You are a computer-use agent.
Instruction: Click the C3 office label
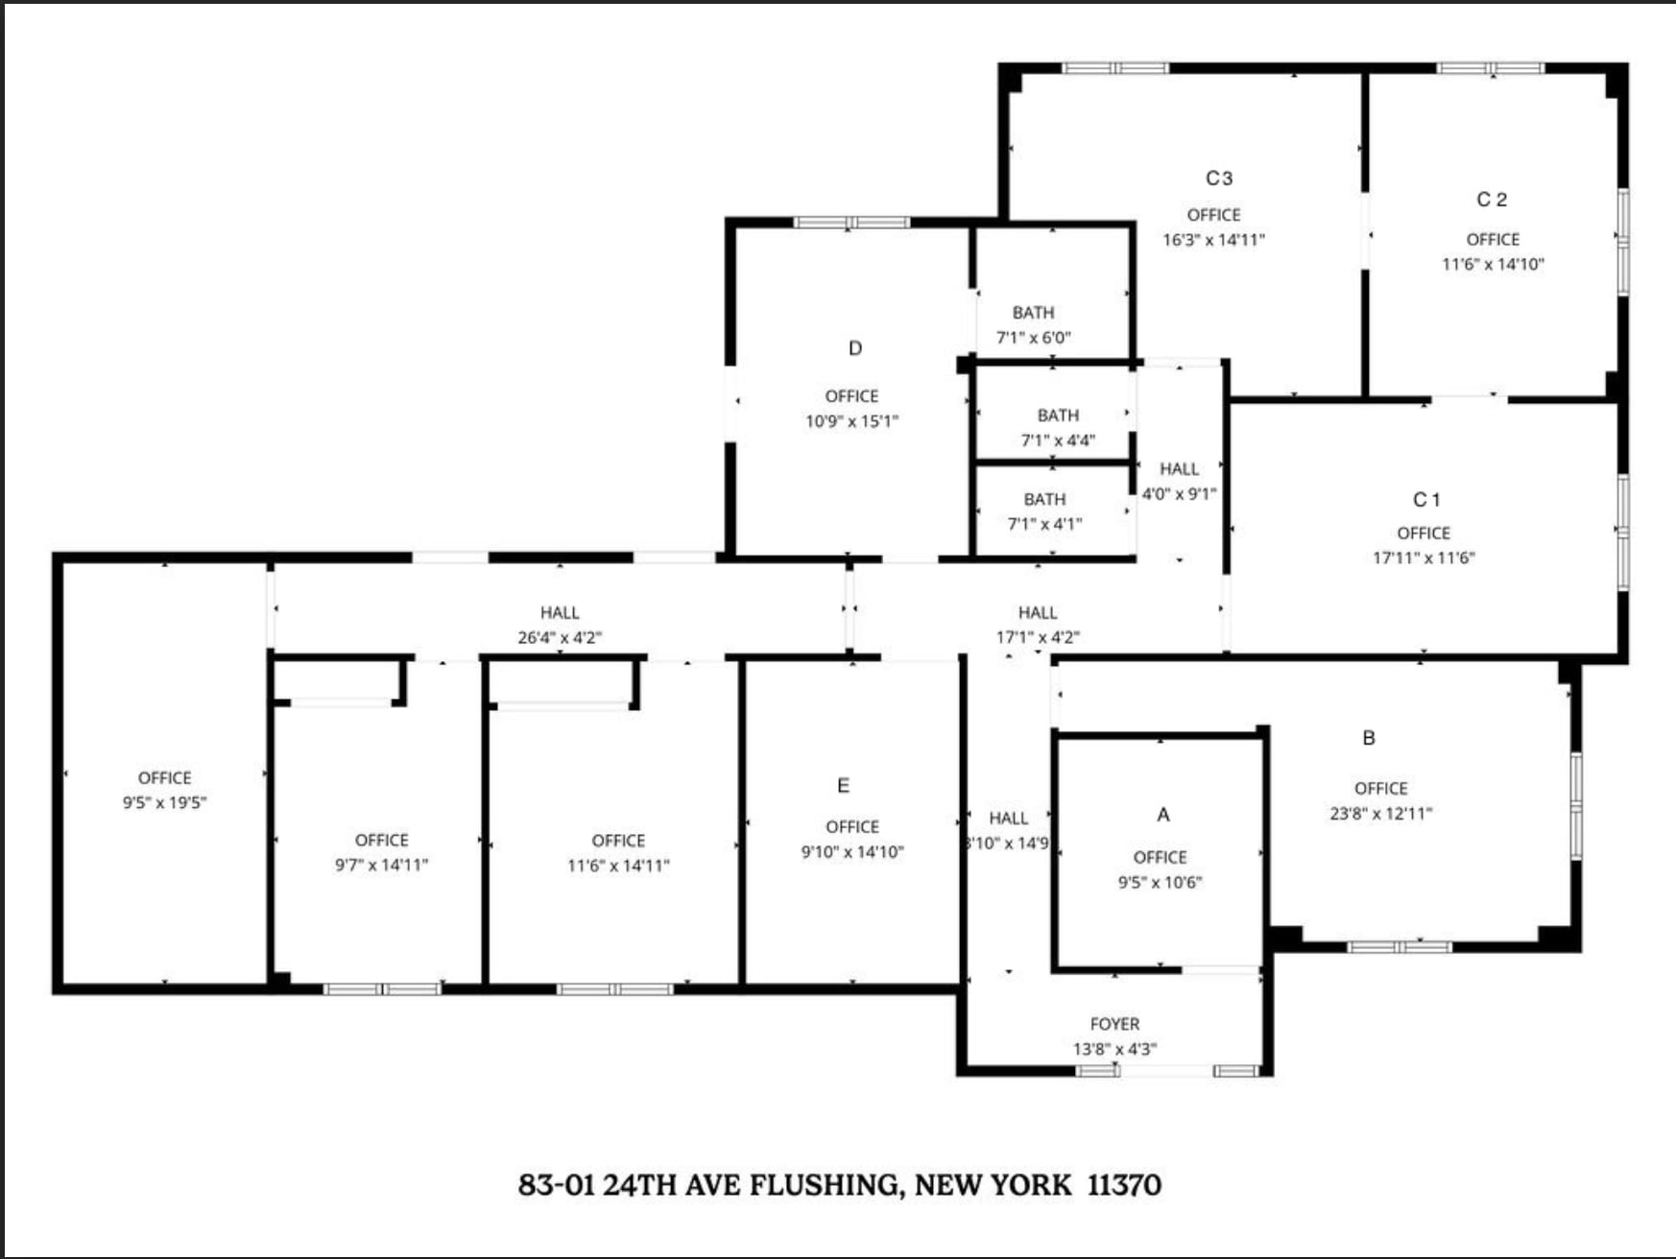point(1218,178)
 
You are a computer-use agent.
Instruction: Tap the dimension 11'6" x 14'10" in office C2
point(1493,264)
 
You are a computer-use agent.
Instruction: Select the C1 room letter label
point(1425,500)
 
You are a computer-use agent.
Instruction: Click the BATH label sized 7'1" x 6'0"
point(1033,313)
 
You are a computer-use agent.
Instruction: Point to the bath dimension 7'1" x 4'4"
point(1057,440)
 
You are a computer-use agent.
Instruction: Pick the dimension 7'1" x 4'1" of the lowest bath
point(1044,524)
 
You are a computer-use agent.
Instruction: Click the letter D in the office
point(854,348)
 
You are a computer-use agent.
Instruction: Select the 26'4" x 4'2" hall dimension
point(560,637)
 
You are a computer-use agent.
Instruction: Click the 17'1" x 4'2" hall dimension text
point(1037,637)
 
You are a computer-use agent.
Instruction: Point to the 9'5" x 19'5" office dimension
point(164,802)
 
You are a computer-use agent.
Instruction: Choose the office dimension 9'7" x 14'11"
point(381,865)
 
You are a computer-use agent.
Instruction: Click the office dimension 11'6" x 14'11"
point(618,865)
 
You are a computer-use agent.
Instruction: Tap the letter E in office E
point(843,786)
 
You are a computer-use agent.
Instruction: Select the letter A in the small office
point(1162,815)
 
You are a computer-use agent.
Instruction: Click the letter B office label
point(1368,738)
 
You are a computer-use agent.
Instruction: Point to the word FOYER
point(1114,1024)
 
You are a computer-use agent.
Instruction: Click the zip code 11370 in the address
point(1123,1185)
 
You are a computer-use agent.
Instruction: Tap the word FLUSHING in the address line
point(826,1185)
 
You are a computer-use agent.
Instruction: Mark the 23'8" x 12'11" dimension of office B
point(1380,814)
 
